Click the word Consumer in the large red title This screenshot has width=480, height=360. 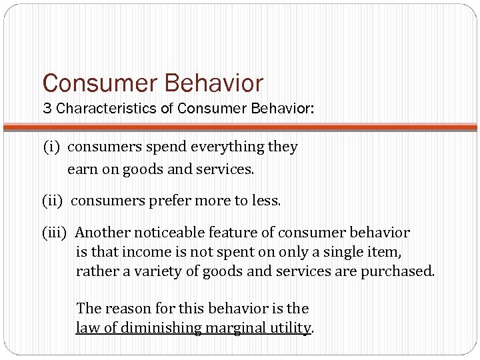click(x=99, y=84)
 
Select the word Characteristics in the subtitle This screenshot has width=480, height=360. click(x=106, y=109)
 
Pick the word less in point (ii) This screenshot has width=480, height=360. click(x=267, y=201)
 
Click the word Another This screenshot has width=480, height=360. click(x=103, y=233)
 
